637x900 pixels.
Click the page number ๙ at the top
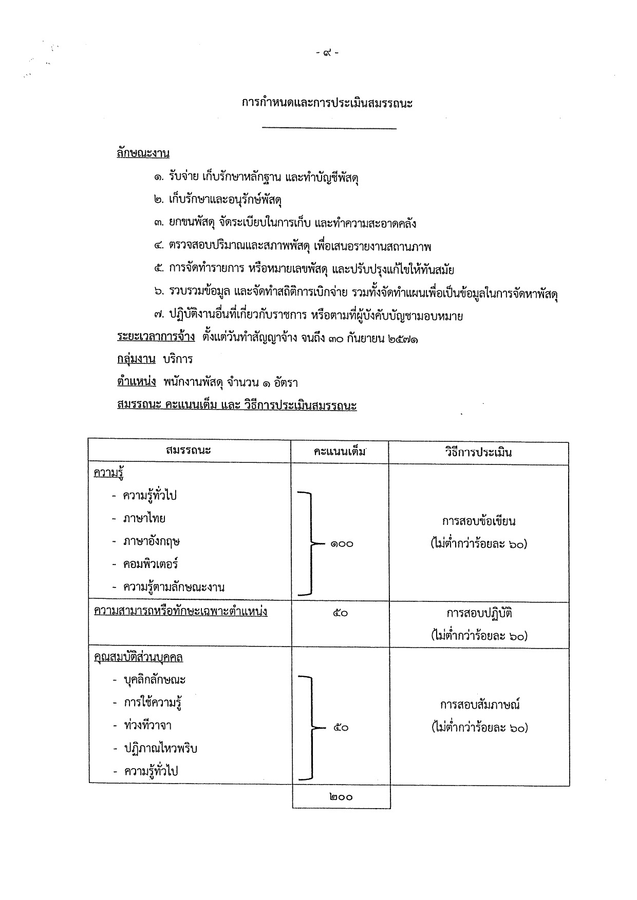(x=327, y=53)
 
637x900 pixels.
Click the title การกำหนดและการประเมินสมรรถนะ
(x=327, y=103)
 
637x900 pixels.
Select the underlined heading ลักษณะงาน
(x=143, y=153)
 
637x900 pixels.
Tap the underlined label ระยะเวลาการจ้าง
(x=156, y=337)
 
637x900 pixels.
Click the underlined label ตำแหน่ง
(x=136, y=382)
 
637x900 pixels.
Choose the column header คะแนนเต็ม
(x=340, y=452)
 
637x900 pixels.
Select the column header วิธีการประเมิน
(x=478, y=452)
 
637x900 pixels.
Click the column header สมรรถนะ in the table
(x=189, y=451)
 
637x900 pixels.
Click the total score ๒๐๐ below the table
(x=341, y=797)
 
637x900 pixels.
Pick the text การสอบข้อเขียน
(x=478, y=521)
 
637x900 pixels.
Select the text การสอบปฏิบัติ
(x=479, y=613)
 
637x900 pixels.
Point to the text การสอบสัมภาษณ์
(x=480, y=705)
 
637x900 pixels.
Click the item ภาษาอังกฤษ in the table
(x=151, y=541)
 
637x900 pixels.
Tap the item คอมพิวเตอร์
(x=150, y=564)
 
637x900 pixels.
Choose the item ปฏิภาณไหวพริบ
(x=160, y=748)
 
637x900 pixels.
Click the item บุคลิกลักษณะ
(x=155, y=680)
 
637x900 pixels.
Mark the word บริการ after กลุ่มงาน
(x=177, y=359)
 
